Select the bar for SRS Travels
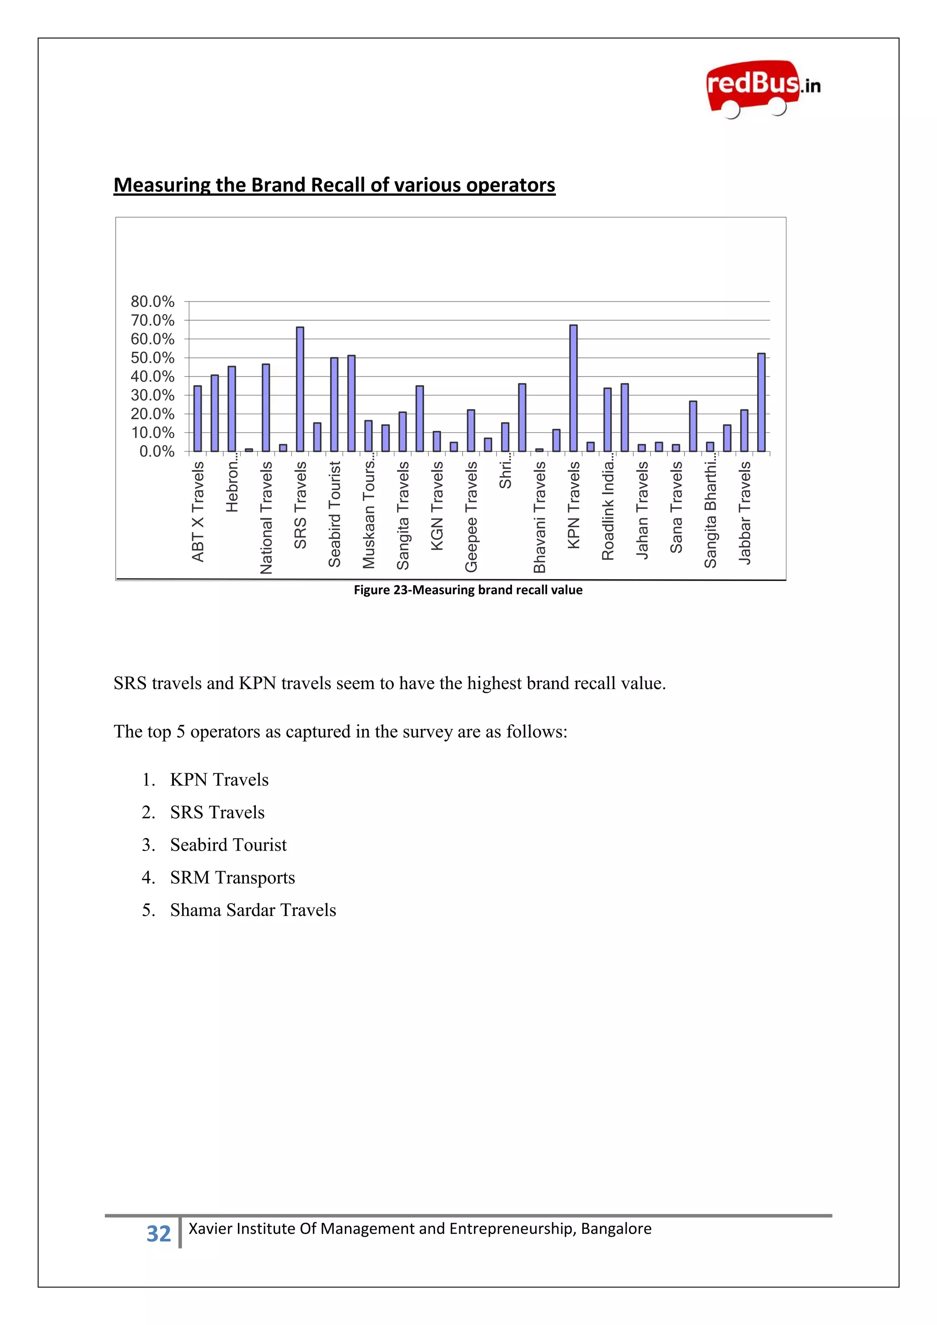coord(300,389)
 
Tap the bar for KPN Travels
coord(573,388)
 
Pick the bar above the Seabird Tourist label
coord(334,404)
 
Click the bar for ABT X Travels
coord(197,418)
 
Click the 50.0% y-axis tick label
coord(152,358)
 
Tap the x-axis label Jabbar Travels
coord(745,512)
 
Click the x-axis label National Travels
coord(266,517)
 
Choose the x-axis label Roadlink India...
coord(608,511)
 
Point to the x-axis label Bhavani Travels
coord(539,517)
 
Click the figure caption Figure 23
coord(468,590)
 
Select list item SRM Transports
coord(232,877)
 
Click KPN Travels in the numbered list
coord(219,780)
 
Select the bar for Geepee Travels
coord(471,431)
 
